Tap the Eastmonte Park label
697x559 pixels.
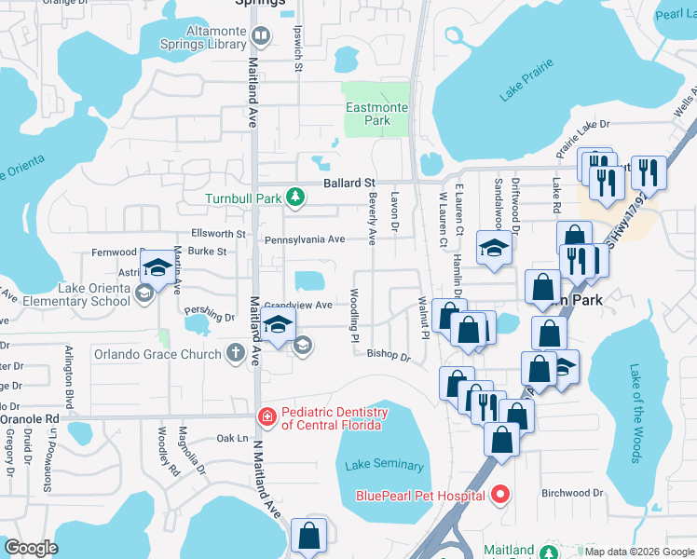click(x=376, y=115)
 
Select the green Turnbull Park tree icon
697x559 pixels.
click(x=295, y=197)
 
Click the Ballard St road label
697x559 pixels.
click(x=348, y=183)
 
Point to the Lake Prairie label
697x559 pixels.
click(x=526, y=80)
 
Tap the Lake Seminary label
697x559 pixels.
click(x=384, y=465)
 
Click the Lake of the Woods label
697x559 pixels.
click(x=635, y=413)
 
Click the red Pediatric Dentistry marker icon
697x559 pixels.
click(x=266, y=416)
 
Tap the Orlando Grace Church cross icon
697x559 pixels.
click(x=237, y=354)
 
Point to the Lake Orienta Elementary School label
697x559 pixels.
click(x=73, y=294)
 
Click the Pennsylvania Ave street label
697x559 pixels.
click(x=305, y=239)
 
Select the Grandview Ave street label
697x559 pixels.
click(x=298, y=305)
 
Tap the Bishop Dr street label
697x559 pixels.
click(x=389, y=355)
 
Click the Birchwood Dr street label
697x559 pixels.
click(x=572, y=493)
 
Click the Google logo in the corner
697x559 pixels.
click(x=32, y=548)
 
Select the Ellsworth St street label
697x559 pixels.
click(x=218, y=234)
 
